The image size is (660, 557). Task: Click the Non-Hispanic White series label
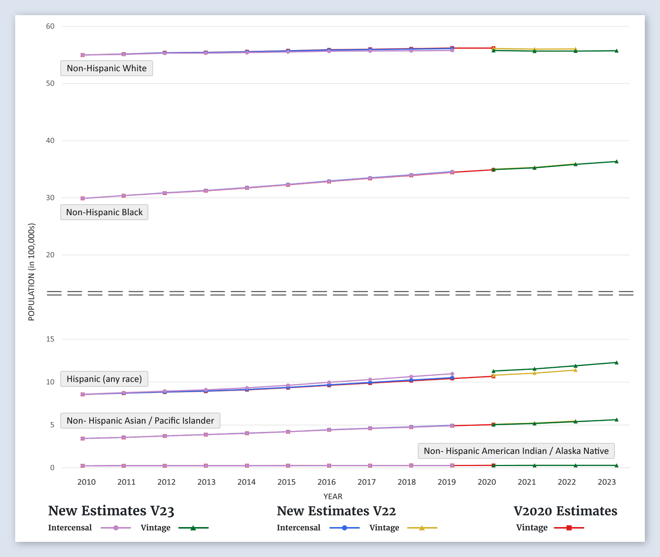coord(107,68)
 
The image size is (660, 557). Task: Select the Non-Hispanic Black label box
coord(104,212)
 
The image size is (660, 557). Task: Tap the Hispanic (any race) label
coord(104,379)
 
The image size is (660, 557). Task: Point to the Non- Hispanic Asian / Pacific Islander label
coord(140,421)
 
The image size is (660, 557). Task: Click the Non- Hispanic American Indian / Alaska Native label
coord(516,451)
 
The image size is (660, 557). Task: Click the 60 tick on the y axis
coord(50,27)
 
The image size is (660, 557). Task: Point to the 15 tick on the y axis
coord(50,339)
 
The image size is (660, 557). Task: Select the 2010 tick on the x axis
coord(86,482)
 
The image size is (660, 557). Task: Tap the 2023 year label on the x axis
coord(607,482)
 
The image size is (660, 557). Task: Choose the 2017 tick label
coord(366,482)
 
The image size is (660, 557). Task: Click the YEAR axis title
coord(333,496)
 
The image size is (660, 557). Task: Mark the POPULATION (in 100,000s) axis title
coord(31,272)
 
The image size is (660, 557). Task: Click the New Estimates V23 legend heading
coord(111,511)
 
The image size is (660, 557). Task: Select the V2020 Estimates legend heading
coord(565,511)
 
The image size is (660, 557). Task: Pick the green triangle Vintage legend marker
coord(193,528)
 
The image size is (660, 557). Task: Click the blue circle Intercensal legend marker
coord(344,528)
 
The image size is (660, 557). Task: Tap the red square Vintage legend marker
coord(569,528)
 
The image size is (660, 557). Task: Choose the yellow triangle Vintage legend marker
coord(422,528)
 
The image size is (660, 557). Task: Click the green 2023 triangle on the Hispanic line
coord(616,363)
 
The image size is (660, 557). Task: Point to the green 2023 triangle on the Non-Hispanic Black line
coord(616,161)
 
